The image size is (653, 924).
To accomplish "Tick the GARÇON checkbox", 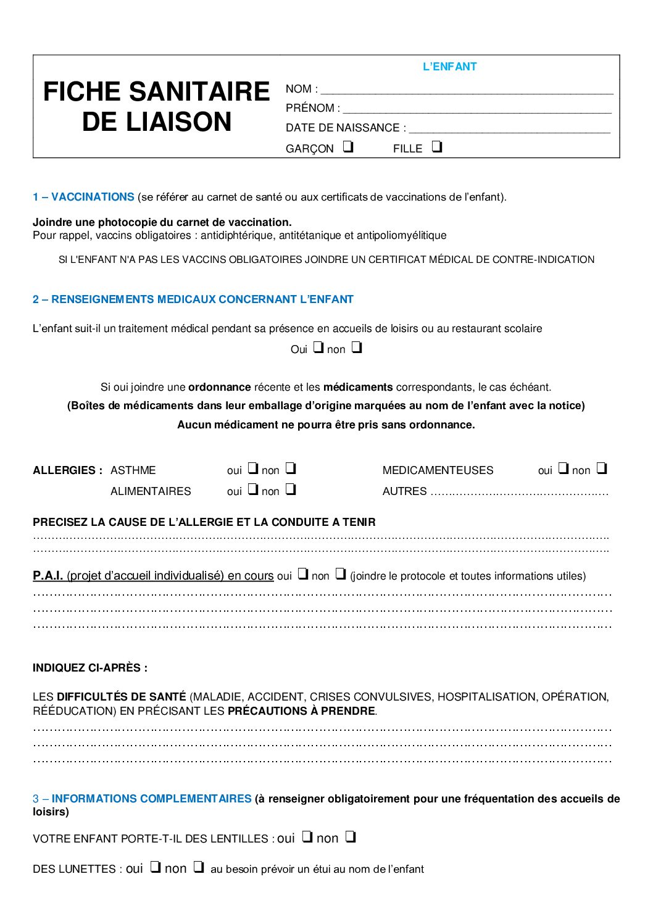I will pos(348,147).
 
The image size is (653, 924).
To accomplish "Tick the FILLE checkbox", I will pos(437,147).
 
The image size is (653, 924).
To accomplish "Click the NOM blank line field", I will pos(467,90).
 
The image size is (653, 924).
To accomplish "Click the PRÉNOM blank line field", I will pos(476,109).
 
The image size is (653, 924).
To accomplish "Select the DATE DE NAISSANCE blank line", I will pos(509,129).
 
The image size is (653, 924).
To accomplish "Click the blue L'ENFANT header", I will pos(449,67).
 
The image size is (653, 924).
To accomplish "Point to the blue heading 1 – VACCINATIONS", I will pos(83,197).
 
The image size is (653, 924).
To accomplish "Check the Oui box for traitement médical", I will pos(318,348).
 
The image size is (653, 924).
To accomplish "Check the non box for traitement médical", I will pos(357,348).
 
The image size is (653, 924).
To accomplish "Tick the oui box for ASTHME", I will pos(253,468).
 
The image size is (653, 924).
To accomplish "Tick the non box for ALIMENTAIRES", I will pos(291,489).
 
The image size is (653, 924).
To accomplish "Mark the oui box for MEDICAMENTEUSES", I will pos(564,468).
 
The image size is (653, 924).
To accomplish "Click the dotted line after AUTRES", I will pos(519,492).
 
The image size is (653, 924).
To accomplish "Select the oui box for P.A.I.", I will pos(303,574).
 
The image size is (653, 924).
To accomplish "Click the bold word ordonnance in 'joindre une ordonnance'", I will pos(219,387).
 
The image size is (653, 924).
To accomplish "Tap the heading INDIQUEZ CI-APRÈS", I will pos(90,668).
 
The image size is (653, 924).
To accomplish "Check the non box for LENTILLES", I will pos(351,837).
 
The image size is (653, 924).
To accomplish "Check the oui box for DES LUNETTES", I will pos(156,867).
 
